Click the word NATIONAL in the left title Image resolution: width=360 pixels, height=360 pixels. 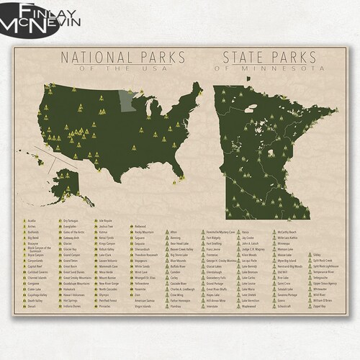[90, 56]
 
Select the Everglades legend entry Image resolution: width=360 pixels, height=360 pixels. [73, 224]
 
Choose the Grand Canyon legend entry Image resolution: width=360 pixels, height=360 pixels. [71, 254]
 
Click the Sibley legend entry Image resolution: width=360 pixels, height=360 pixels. [318, 254]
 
